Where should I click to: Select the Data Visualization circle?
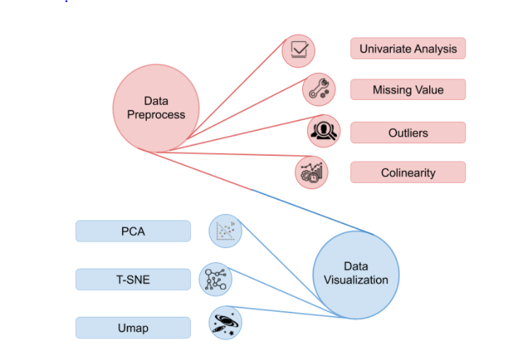(356, 274)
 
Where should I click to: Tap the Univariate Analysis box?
(408, 49)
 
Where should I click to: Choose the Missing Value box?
(408, 90)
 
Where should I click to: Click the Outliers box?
(408, 133)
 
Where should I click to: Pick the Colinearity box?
(408, 172)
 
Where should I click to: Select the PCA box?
(133, 231)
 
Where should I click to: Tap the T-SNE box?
(133, 279)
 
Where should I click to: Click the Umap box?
(133, 327)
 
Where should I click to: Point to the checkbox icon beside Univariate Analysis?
(298, 50)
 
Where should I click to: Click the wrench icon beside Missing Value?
(318, 90)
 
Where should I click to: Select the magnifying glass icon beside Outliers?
(323, 131)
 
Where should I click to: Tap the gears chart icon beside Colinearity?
(311, 172)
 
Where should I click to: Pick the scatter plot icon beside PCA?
(226, 232)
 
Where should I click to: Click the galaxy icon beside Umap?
(226, 323)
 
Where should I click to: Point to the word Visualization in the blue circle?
(356, 280)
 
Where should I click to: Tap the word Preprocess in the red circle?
(156, 114)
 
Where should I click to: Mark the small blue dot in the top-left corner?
(67, 1)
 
